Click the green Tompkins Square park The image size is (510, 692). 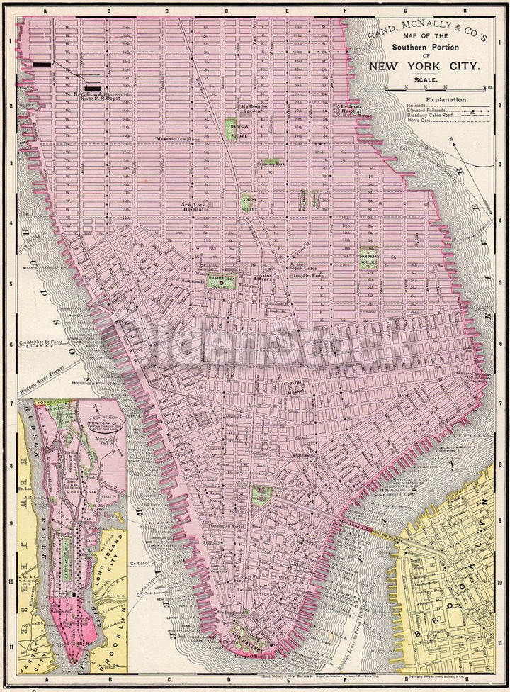pos(368,257)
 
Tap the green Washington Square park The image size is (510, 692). pos(221,283)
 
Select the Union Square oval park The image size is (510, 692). pos(247,203)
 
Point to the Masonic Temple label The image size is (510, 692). pos(176,138)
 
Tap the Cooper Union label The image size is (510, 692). pos(300,269)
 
